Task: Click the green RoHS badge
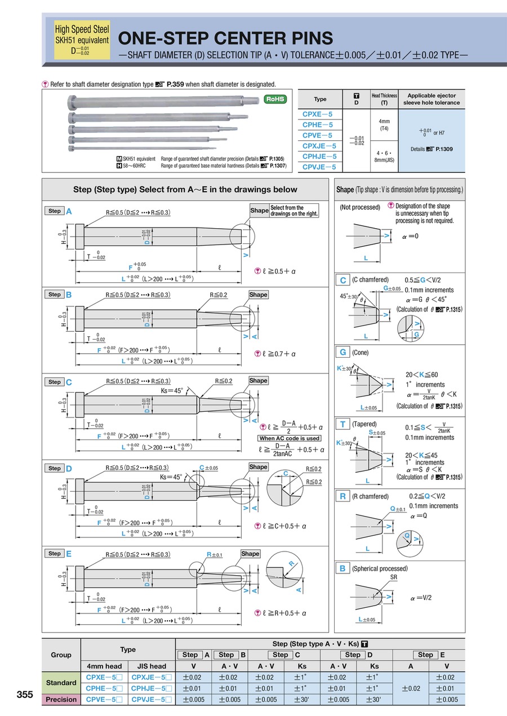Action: click(275, 99)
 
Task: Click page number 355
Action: click(25, 695)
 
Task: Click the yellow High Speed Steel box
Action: click(82, 40)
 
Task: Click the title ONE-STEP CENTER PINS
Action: click(225, 38)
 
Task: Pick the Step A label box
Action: click(55, 211)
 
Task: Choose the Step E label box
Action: click(55, 554)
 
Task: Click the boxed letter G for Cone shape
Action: click(343, 352)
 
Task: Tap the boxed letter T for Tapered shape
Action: click(343, 424)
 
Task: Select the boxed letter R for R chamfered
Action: click(343, 496)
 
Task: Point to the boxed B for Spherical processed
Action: click(343, 568)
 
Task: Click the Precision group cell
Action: click(61, 699)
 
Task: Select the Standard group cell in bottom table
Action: click(61, 682)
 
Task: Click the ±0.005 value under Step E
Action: click(447, 699)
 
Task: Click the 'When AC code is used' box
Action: click(290, 438)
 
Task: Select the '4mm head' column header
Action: click(105, 666)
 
